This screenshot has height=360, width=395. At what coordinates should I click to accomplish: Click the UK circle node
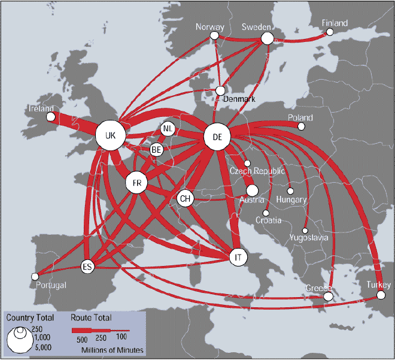(110, 136)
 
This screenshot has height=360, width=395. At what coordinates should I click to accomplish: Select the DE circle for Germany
(217, 137)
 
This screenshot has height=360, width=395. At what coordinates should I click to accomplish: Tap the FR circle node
(136, 183)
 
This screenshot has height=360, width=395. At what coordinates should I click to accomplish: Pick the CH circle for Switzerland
(186, 198)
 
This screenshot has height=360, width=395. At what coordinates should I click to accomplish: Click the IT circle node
(238, 257)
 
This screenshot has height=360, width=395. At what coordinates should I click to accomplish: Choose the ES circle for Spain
(88, 266)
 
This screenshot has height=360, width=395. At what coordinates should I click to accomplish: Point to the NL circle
(168, 129)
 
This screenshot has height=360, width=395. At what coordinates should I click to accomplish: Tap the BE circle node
(157, 149)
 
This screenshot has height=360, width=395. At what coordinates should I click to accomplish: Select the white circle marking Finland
(330, 32)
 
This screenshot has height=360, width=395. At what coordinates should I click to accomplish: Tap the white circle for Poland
(302, 127)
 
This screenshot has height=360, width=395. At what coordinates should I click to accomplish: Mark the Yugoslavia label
(309, 237)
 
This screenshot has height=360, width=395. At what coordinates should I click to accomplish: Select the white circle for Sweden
(267, 38)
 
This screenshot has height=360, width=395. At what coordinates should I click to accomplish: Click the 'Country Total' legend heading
(31, 317)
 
